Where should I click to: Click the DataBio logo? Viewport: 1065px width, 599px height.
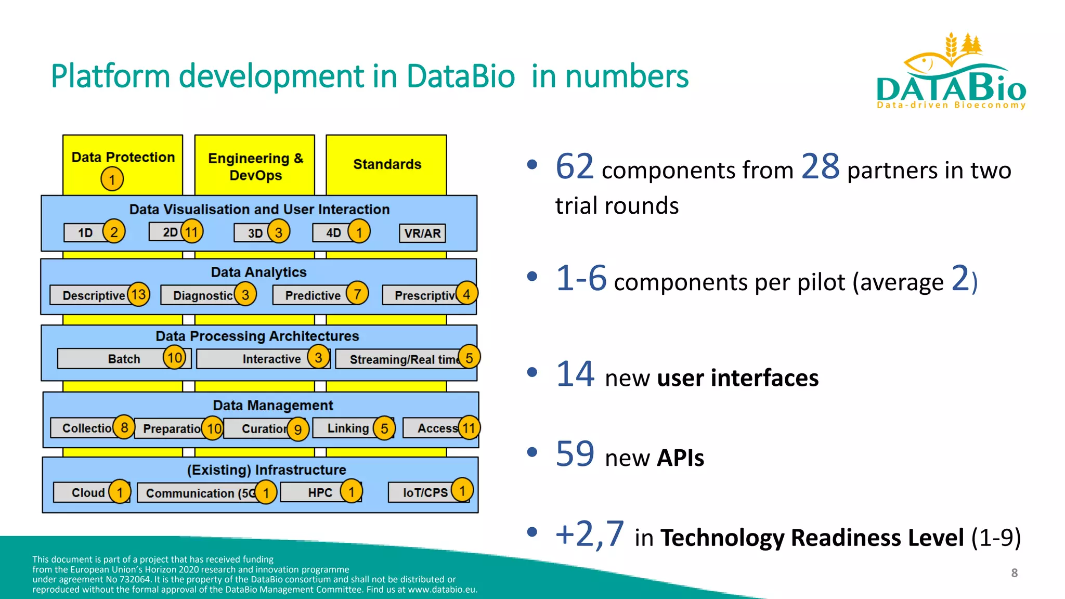point(951,73)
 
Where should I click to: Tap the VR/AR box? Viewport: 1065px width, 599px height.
point(422,233)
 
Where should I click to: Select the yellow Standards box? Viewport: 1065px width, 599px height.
point(386,164)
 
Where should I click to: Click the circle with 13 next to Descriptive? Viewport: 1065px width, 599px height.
point(138,294)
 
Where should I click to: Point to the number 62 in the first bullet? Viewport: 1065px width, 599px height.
point(574,167)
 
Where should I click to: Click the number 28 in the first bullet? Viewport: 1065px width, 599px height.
point(820,167)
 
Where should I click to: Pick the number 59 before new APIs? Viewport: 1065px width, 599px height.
point(575,454)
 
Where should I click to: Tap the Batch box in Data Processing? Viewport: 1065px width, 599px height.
point(124,359)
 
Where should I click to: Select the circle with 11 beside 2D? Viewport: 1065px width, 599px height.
point(192,231)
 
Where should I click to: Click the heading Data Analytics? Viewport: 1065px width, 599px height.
point(258,272)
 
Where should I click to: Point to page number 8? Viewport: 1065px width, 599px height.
point(1014,573)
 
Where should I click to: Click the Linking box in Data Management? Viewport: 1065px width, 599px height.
point(347,428)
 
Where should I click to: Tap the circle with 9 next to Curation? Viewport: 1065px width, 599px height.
point(298,429)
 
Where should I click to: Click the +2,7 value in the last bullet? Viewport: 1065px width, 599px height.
point(589,534)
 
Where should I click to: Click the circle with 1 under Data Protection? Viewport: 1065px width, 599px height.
point(112,180)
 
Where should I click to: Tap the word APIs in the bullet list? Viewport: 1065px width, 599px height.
point(680,458)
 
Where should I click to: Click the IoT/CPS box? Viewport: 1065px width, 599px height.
point(424,492)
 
